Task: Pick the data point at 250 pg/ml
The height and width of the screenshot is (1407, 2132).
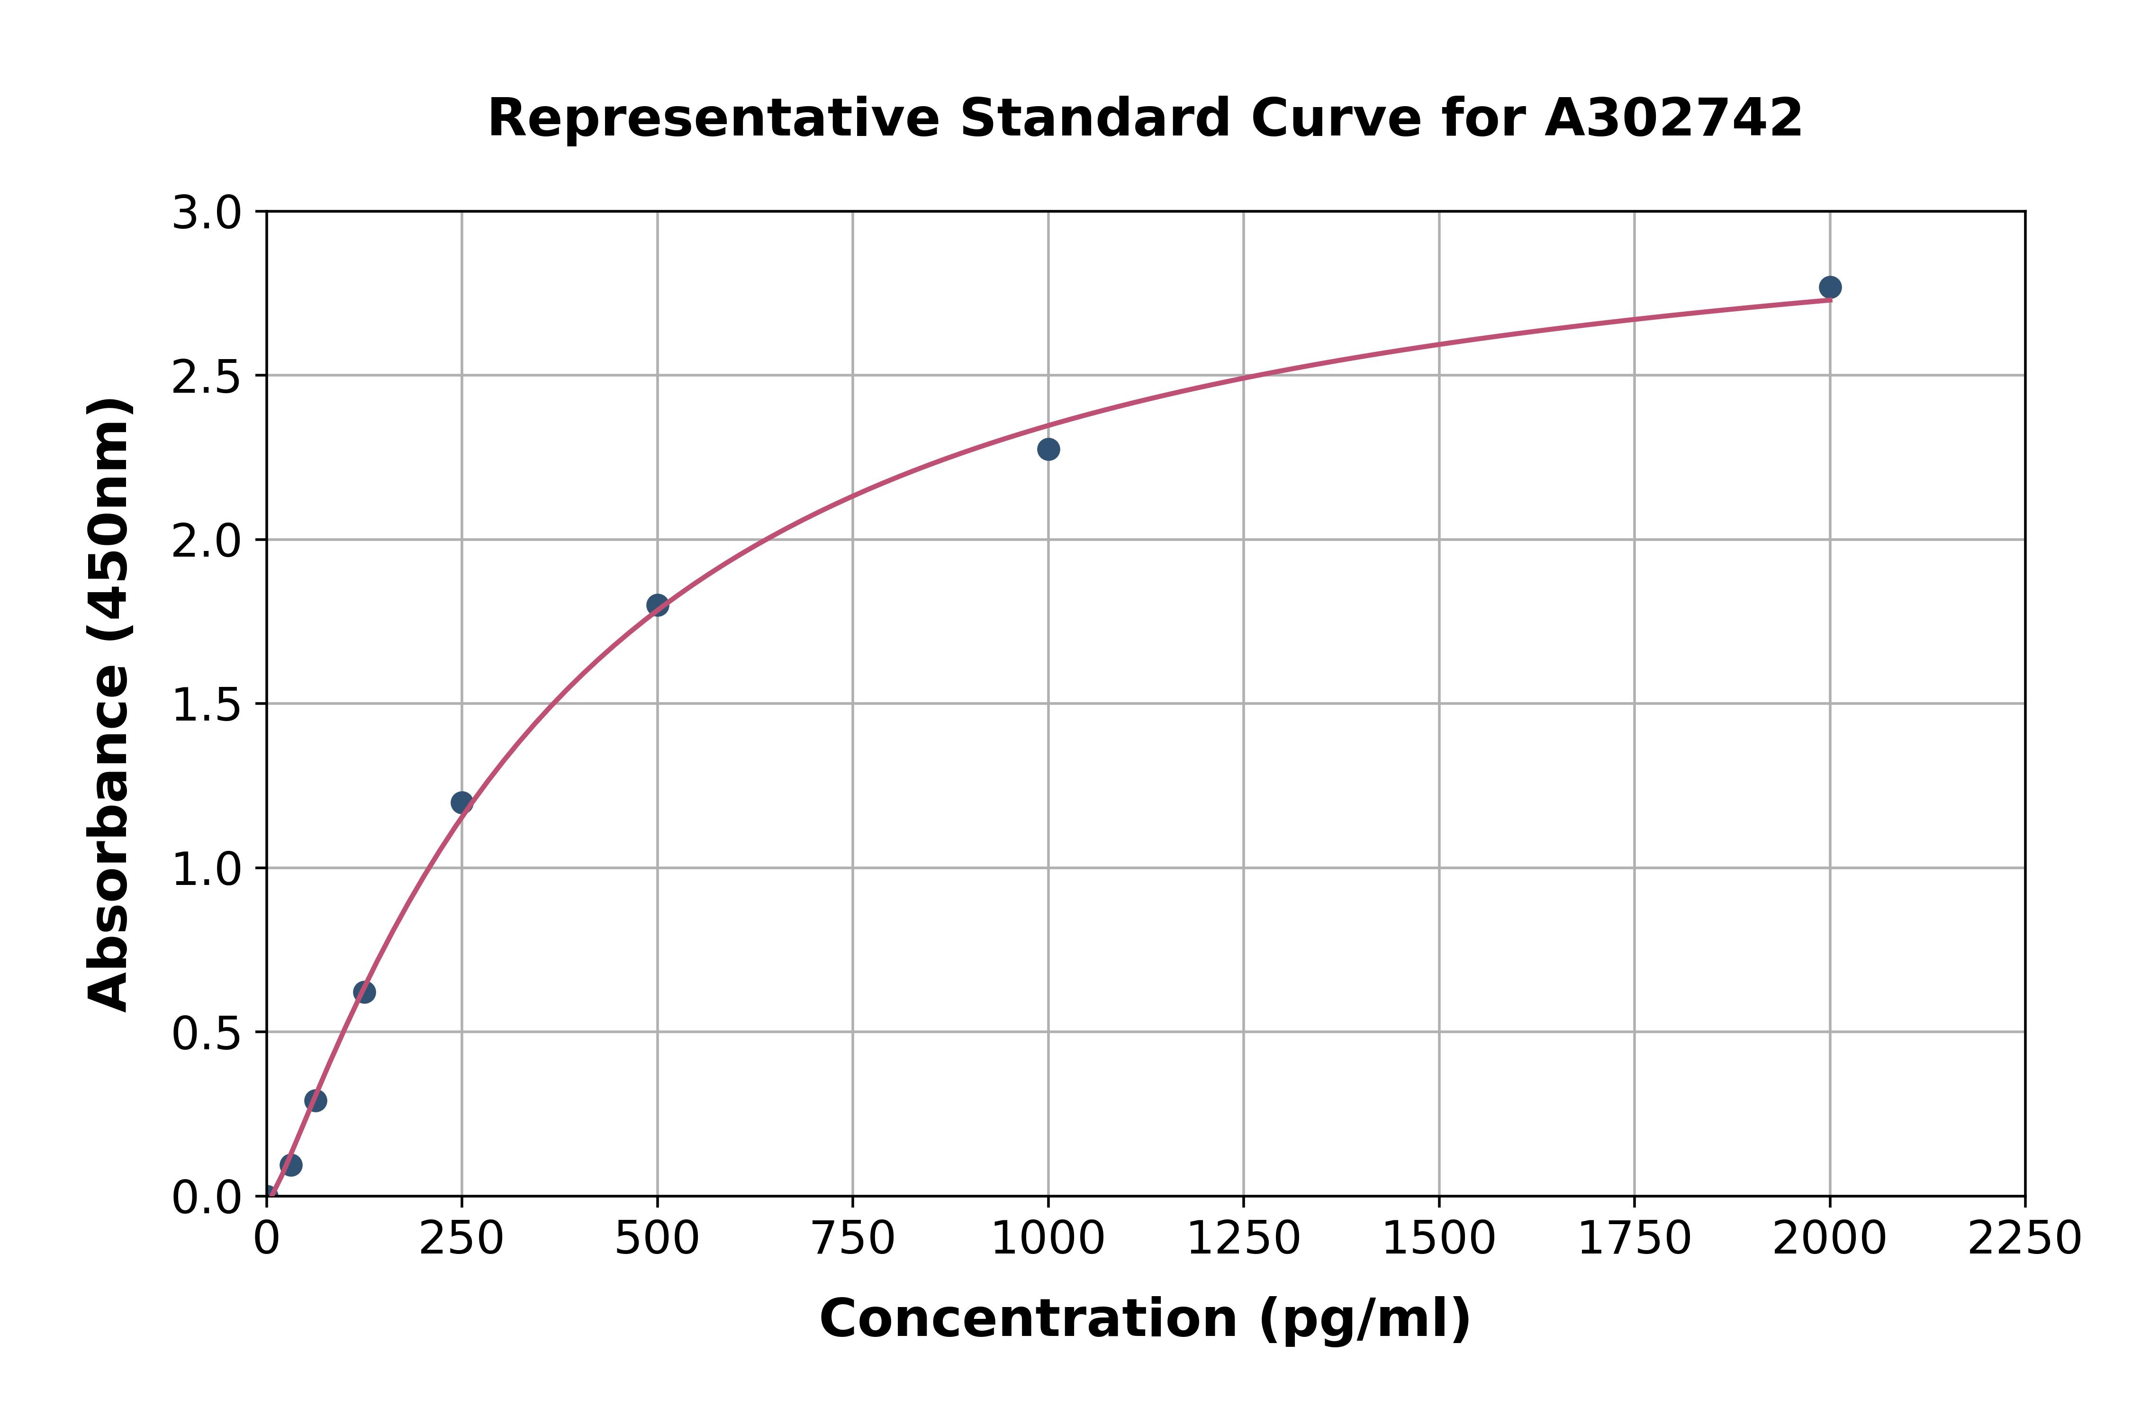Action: click(x=462, y=802)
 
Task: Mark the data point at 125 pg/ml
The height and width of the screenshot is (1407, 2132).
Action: click(x=364, y=992)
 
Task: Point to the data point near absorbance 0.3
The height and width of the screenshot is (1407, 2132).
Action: click(x=316, y=1100)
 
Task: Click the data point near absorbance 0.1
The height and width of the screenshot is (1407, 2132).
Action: click(x=291, y=1165)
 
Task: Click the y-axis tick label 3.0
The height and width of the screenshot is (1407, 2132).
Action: click(x=207, y=214)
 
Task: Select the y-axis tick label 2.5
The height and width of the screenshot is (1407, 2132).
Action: click(x=207, y=378)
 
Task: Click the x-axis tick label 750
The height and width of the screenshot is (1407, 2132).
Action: click(x=852, y=1239)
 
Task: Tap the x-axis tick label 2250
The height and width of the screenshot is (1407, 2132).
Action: click(x=2024, y=1239)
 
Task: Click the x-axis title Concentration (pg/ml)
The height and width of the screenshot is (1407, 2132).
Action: click(x=1145, y=1319)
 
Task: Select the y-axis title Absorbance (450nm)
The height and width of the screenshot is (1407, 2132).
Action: click(x=109, y=704)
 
